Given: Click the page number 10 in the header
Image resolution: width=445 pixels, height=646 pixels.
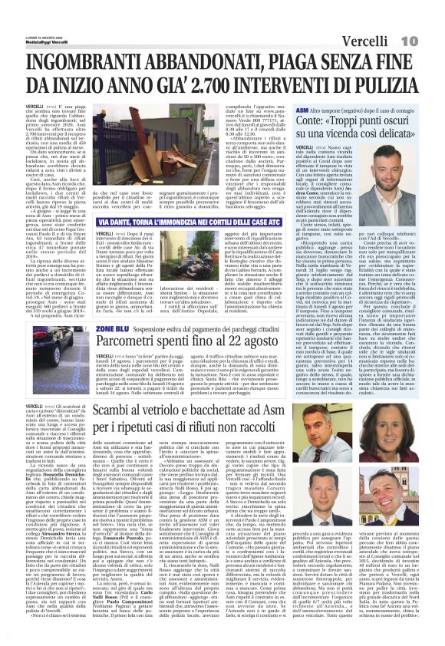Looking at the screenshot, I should tap(429, 17).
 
